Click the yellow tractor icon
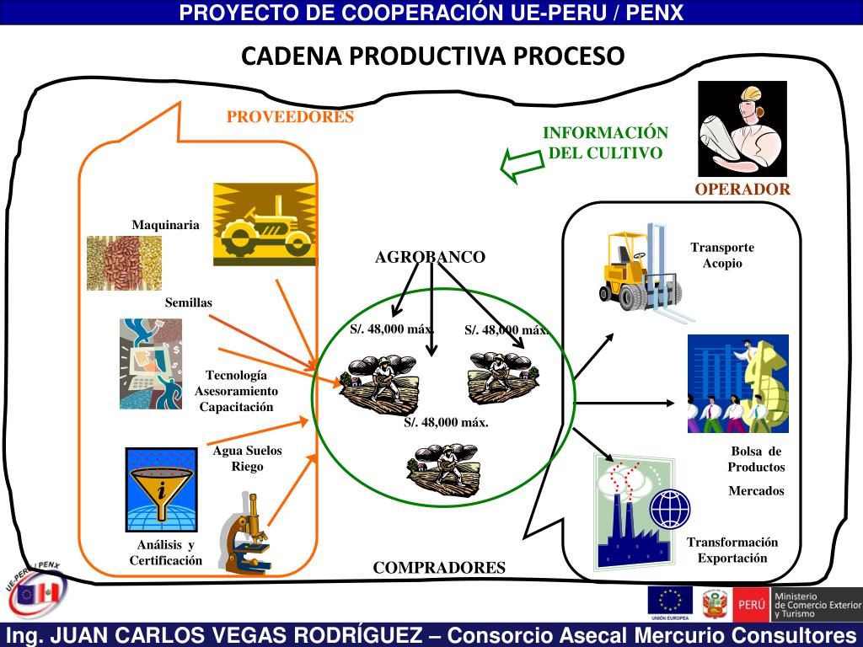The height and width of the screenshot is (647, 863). tap(265, 223)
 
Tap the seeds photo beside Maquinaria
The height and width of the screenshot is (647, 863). tap(124, 262)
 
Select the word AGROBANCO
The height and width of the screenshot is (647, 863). tap(430, 258)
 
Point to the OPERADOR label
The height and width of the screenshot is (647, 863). tap(742, 190)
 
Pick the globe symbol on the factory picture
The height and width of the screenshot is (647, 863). tap(670, 508)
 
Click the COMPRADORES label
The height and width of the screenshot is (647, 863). tap(439, 568)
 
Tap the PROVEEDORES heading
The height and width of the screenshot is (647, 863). tap(290, 117)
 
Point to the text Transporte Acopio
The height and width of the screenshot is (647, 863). tap(721, 255)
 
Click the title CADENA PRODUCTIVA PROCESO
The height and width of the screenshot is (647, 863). tap(433, 56)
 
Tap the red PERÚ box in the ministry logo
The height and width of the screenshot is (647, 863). tap(751, 604)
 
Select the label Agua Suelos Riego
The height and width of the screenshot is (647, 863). tap(247, 458)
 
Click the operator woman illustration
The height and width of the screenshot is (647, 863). tap(742, 128)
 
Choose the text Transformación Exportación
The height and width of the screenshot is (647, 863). tap(732, 549)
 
